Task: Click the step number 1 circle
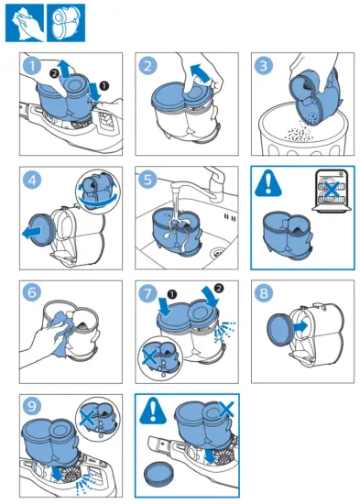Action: click(32, 66)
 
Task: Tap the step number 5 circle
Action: click(147, 180)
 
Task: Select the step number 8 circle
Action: click(264, 293)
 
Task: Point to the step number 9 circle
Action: click(32, 407)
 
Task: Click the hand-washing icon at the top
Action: click(25, 23)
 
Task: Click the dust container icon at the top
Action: click(66, 23)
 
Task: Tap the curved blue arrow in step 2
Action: click(201, 73)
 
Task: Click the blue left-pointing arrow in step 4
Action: click(32, 232)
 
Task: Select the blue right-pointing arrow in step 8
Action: click(300, 326)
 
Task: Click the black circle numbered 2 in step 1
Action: click(54, 73)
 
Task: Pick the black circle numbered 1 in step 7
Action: click(172, 294)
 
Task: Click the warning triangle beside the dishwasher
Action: click(268, 183)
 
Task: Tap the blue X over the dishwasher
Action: click(332, 190)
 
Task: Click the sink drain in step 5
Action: click(219, 253)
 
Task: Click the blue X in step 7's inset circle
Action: click(149, 357)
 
